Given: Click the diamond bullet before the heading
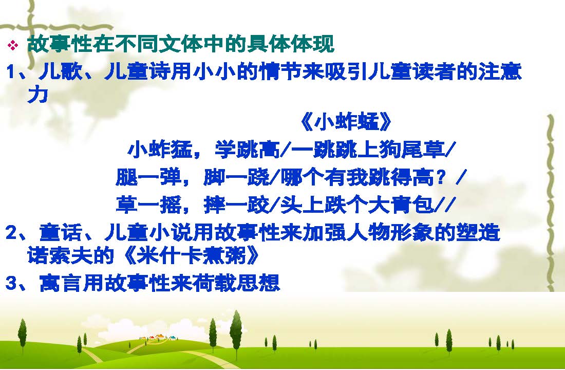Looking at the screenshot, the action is (13, 45).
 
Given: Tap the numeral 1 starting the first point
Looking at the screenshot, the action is (11, 72).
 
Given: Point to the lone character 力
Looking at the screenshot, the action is (37, 95).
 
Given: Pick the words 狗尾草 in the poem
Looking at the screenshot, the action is (411, 150).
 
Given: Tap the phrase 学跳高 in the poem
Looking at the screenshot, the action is (247, 150).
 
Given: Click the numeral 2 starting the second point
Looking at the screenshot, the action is (11, 233).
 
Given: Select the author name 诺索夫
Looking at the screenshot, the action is (60, 255).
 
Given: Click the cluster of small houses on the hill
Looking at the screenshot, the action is (158, 337).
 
